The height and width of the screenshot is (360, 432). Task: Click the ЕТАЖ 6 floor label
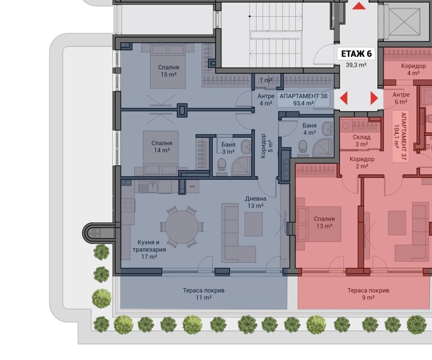pyautogui.click(x=356, y=54)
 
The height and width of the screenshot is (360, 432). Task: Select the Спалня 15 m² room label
pyautogui.click(x=168, y=71)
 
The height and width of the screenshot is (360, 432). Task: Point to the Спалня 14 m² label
pyautogui.click(x=161, y=146)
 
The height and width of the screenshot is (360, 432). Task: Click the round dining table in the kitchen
pyautogui.click(x=182, y=227)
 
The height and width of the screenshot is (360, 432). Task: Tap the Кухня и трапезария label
pyautogui.click(x=149, y=246)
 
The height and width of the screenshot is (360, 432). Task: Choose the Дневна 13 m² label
pyautogui.click(x=255, y=202)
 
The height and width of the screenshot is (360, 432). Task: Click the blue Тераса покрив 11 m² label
pyautogui.click(x=204, y=294)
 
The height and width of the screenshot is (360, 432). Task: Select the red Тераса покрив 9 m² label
pyautogui.click(x=368, y=294)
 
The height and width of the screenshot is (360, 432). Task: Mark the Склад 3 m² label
pyautogui.click(x=361, y=140)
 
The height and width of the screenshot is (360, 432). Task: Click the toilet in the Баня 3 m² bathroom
pyautogui.click(x=221, y=164)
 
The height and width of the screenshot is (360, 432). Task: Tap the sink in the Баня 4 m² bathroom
pyautogui.click(x=327, y=128)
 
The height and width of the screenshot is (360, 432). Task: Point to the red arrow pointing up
pyautogui.click(x=359, y=6)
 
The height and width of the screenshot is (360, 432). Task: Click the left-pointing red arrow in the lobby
pyautogui.click(x=343, y=98)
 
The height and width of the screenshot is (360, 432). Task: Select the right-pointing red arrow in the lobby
pyautogui.click(x=374, y=98)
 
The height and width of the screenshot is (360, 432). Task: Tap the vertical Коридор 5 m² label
pyautogui.click(x=266, y=146)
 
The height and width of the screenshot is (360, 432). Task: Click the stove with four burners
pyautogui.click(x=128, y=205)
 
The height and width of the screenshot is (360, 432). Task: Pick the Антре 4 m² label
pyautogui.click(x=266, y=99)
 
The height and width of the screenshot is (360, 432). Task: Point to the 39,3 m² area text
pyautogui.click(x=356, y=65)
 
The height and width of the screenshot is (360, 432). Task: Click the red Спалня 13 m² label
pyautogui.click(x=325, y=222)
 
